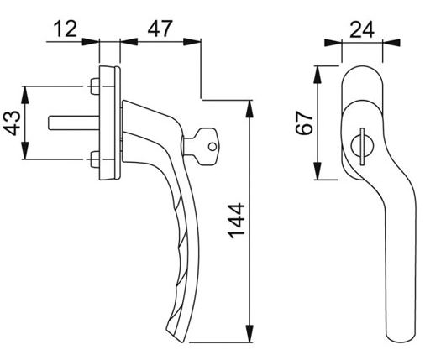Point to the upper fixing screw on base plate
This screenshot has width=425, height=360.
(92, 84)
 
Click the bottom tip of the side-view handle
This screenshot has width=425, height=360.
(179, 337)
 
